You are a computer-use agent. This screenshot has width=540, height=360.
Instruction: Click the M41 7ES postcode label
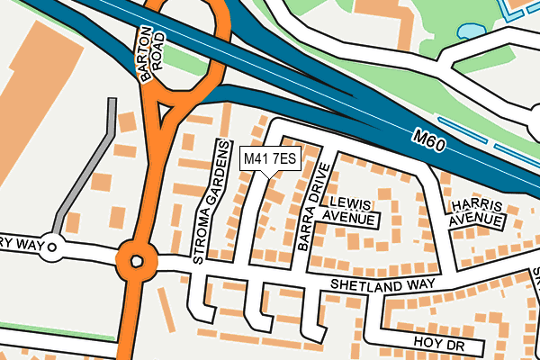pos(270,158)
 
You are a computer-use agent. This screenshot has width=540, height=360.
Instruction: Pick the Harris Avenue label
pos(476,211)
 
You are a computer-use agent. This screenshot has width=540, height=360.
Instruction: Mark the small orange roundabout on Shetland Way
pos(137,262)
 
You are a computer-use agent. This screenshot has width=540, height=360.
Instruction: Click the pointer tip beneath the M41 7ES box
pos(270,175)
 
